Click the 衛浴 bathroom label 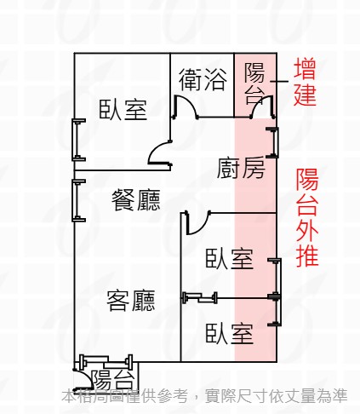coord(203,80)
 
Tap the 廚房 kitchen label coord(241,169)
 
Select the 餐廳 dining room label coord(136,200)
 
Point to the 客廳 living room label coord(131,301)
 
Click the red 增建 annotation coord(305,82)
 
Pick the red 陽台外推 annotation coord(307,217)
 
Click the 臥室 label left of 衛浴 coord(123,109)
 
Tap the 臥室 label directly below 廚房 coord(229,259)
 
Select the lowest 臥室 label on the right coord(229,333)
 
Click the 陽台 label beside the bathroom coord(254,83)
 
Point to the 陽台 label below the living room coord(113,380)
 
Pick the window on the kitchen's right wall coord(274,142)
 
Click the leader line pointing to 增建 coord(279,82)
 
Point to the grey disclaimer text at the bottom coord(204,396)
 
